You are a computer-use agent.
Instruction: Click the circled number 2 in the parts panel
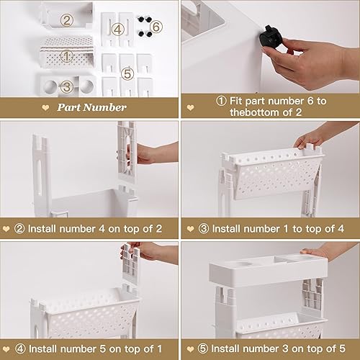[66, 20]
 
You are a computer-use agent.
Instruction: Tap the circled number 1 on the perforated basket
[66, 56]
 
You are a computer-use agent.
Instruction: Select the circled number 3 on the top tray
[66, 86]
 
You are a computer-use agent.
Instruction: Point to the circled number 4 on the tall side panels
[117, 30]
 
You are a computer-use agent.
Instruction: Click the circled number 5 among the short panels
[127, 73]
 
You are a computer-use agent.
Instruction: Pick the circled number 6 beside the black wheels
[156, 27]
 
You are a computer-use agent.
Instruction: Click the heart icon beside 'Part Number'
[45, 107]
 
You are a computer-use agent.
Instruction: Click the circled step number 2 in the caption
[19, 228]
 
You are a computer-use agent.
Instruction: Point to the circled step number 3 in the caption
[204, 228]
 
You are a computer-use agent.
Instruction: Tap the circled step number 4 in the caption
[20, 348]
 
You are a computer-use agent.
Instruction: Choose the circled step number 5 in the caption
[203, 348]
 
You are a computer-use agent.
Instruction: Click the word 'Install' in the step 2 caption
[42, 229]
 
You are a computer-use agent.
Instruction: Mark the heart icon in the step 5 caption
[190, 349]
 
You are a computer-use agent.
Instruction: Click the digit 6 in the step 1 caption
[310, 101]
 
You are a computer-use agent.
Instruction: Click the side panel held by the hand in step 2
[126, 152]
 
